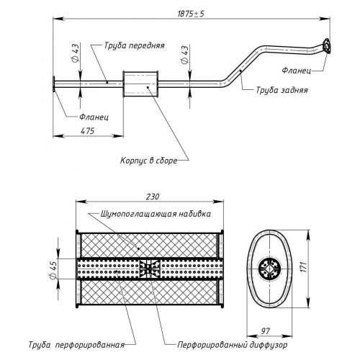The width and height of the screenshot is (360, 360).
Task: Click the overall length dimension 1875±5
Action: pos(191,14)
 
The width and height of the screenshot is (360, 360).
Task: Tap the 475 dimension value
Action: pos(87,131)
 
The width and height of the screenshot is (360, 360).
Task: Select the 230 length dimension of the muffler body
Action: pos(153,197)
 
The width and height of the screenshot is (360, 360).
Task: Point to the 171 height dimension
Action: pos(304,267)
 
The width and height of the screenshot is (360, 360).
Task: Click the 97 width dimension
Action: pos(266,331)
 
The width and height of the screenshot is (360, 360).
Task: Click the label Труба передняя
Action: pos(134,45)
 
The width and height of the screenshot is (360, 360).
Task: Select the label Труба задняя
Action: pos(282,90)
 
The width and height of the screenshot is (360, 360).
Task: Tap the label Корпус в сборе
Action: pos(148,161)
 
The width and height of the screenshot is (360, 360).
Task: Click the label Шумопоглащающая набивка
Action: pos(156,214)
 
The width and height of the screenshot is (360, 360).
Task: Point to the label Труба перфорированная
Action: pos(76,345)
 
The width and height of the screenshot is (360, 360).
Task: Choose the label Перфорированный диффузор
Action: pos(232,345)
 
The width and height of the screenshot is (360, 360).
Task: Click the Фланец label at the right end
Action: pos(297,71)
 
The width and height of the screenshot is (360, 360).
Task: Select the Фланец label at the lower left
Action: pos(94,117)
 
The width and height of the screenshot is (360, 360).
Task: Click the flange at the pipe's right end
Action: pos(326,45)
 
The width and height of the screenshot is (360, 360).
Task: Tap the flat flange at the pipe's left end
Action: pos(54,84)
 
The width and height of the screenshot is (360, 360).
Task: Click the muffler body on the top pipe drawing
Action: pos(140,84)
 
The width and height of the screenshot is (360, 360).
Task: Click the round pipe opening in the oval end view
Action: pos(270,269)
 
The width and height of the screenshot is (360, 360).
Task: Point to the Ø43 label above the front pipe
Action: pos(76,53)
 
